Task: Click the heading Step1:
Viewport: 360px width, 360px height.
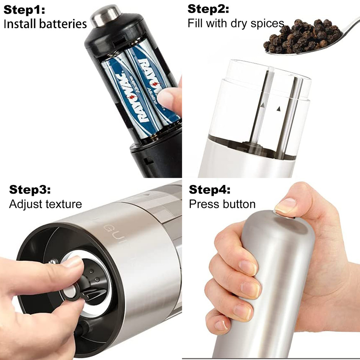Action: click(x=24, y=10)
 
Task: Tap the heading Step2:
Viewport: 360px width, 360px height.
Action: click(x=208, y=9)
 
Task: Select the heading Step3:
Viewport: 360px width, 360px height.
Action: click(x=30, y=189)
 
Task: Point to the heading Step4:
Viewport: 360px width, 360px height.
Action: click(x=210, y=189)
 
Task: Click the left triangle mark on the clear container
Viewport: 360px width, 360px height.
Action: click(x=263, y=105)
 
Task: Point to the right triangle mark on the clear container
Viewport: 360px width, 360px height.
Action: click(x=279, y=109)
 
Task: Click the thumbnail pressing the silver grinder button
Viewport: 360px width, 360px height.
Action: click(x=285, y=205)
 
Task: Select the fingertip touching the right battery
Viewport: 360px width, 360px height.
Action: click(x=168, y=99)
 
